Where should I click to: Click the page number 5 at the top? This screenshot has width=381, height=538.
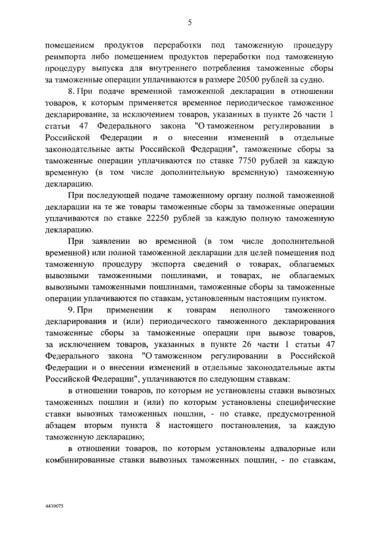click(x=190, y=23)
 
